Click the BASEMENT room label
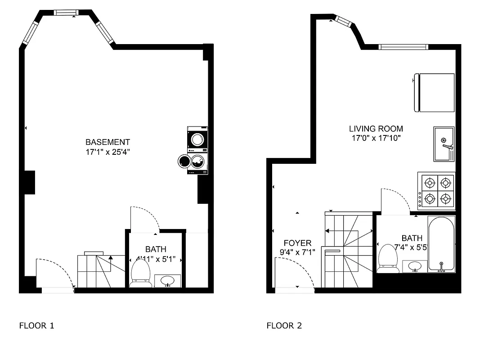pos(108,142)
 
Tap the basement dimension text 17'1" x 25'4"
pos(108,152)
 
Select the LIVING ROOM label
pos(376,129)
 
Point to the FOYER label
pos(297,243)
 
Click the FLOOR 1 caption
pos(36,325)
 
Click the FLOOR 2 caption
pos(284,325)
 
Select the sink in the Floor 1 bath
pos(168,281)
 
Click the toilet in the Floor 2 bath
pos(388,258)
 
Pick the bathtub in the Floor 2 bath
pos(441,244)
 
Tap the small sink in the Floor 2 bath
pos(414,266)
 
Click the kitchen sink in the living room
pos(444,144)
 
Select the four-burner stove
pos(436,191)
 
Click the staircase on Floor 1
pos(101,271)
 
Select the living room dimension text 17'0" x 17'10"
pos(376,138)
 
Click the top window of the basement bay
pos(66,13)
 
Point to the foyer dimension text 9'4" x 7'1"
pos(297,252)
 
